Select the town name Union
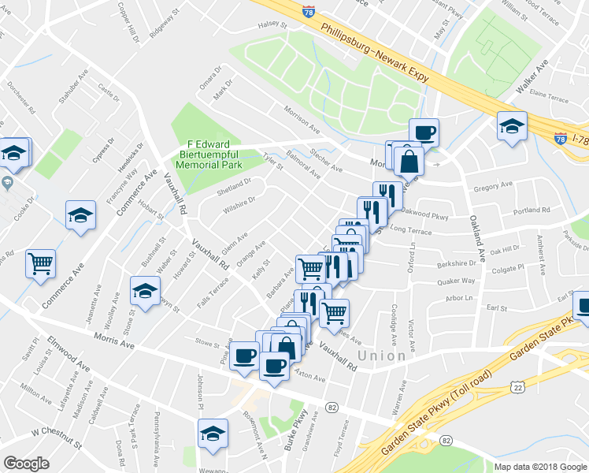(x=382, y=356)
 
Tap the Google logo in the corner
(x=26, y=463)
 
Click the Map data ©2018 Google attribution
(x=540, y=467)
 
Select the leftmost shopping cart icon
(x=40, y=263)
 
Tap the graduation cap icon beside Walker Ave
(x=512, y=125)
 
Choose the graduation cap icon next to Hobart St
(x=80, y=214)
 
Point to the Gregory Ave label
(x=495, y=186)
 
